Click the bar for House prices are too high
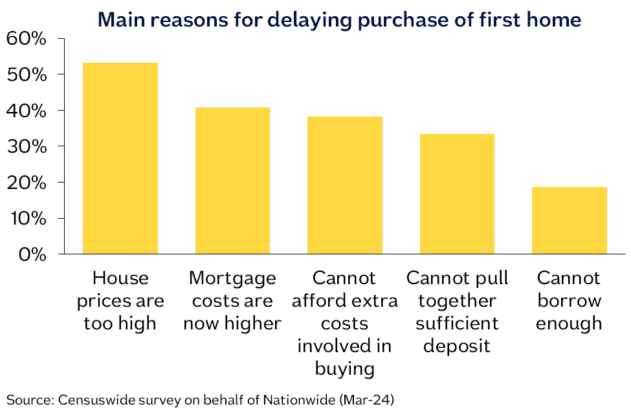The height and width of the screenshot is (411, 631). (120, 158)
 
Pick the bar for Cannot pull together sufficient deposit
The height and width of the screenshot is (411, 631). (457, 194)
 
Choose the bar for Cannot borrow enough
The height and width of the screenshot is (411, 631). (569, 220)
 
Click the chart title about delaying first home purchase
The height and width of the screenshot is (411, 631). (339, 20)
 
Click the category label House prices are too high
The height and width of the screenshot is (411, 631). (120, 301)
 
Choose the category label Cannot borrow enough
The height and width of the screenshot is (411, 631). (569, 301)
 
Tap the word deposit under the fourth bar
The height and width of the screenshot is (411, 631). (457, 346)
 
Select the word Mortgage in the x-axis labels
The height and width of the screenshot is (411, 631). (232, 279)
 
